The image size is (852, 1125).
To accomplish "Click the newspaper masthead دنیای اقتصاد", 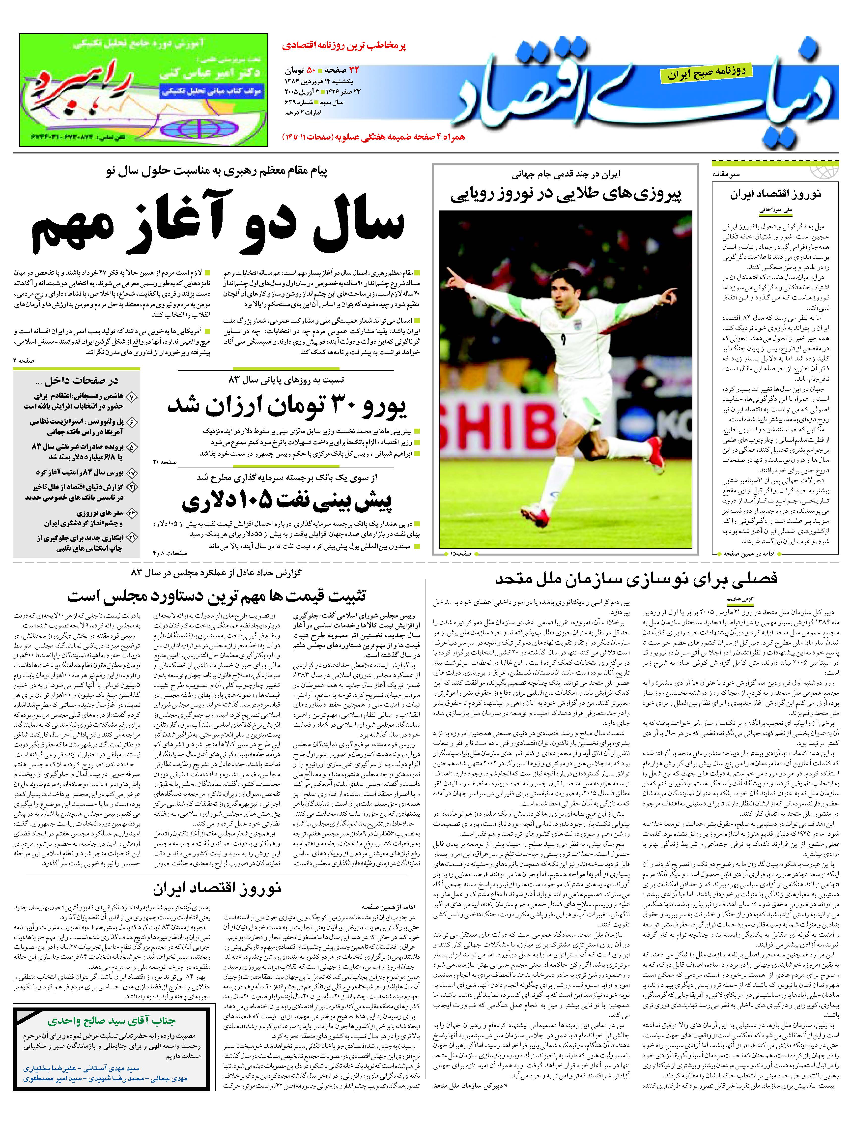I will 646,94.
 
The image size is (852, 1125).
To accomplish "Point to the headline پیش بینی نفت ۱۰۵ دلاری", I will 287,501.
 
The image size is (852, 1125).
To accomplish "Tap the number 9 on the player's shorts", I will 563,340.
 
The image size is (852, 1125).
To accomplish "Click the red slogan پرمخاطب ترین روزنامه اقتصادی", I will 344,46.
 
